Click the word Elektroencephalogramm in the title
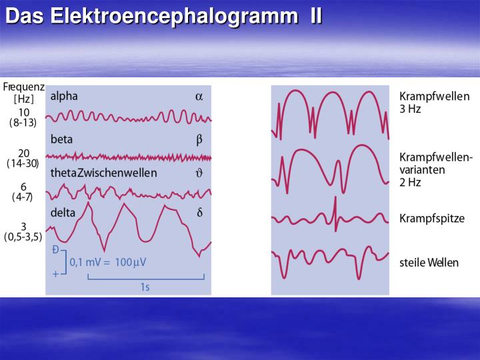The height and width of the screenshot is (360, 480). pyautogui.click(x=169, y=15)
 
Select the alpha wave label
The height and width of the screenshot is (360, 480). pyautogui.click(x=64, y=96)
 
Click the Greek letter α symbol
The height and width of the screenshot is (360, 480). pyautogui.click(x=199, y=96)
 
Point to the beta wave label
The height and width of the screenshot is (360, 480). pyautogui.click(x=61, y=139)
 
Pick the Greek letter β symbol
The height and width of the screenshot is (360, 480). pyautogui.click(x=199, y=140)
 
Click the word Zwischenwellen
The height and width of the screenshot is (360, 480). pyautogui.click(x=117, y=173)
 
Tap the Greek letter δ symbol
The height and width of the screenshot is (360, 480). pyautogui.click(x=199, y=213)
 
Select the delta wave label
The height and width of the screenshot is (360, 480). pyautogui.click(x=63, y=213)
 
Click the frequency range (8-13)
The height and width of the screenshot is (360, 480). pyautogui.click(x=23, y=123)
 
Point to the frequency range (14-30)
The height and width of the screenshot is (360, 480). pyautogui.click(x=23, y=163)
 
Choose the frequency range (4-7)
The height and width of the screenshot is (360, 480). pyautogui.click(x=23, y=197)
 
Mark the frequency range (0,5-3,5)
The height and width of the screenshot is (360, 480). pyautogui.click(x=23, y=237)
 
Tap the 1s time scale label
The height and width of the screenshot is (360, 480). pyautogui.click(x=145, y=287)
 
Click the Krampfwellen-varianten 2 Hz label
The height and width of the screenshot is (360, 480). pyautogui.click(x=436, y=169)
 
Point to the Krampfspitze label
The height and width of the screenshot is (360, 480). pyautogui.click(x=432, y=219)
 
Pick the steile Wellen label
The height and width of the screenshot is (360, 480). pyautogui.click(x=429, y=263)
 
